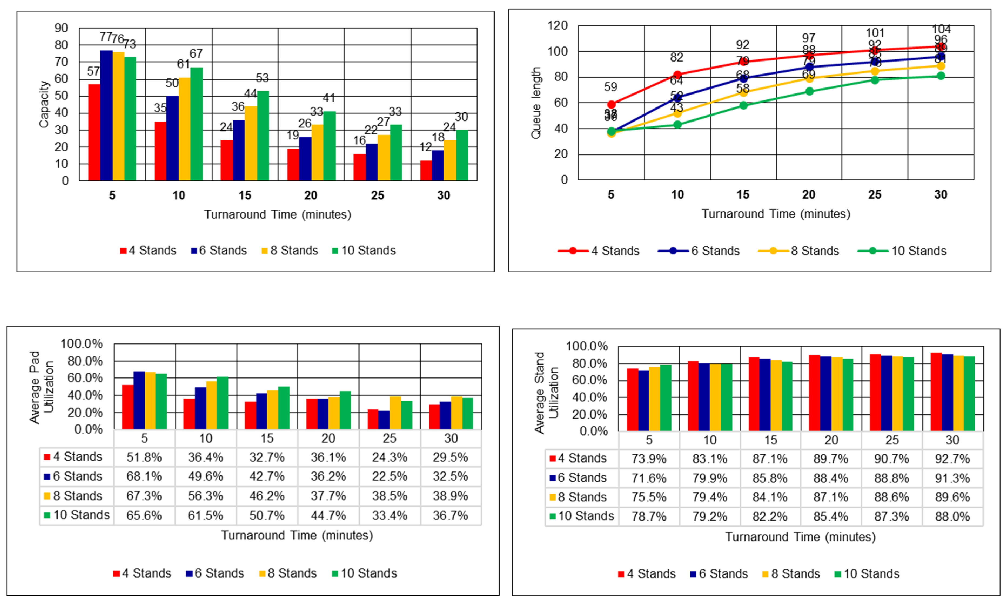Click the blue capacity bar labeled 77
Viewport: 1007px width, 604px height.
106,116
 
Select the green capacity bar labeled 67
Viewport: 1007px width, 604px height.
197,124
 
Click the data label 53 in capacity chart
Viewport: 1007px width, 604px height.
262,78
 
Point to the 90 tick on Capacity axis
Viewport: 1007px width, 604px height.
61,28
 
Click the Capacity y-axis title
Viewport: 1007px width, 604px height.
44,104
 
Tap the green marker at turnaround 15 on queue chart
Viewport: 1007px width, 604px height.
743,105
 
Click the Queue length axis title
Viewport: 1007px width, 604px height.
536,103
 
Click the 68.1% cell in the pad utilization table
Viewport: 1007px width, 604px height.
144,476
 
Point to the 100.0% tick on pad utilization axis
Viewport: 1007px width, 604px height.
81,344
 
